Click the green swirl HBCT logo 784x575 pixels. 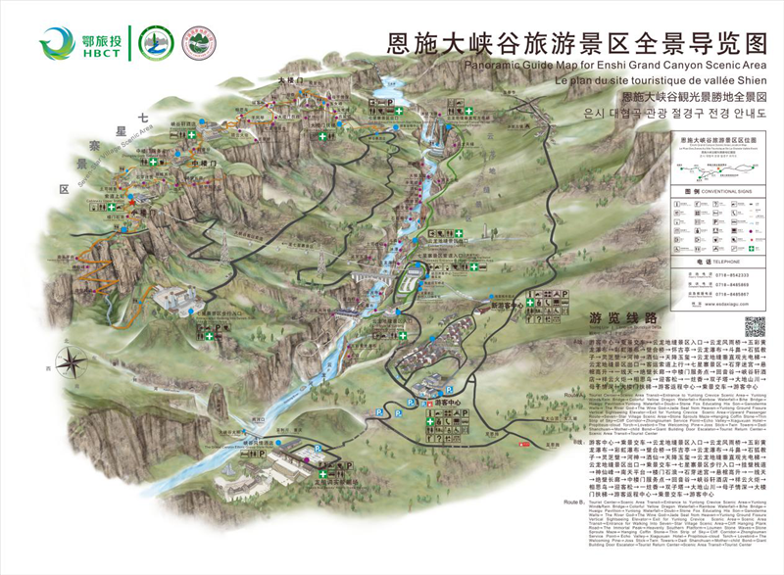coord(57,42)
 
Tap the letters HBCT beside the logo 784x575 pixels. coord(104,55)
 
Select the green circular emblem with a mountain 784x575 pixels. coord(154,42)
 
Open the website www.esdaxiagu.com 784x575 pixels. coord(731,306)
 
